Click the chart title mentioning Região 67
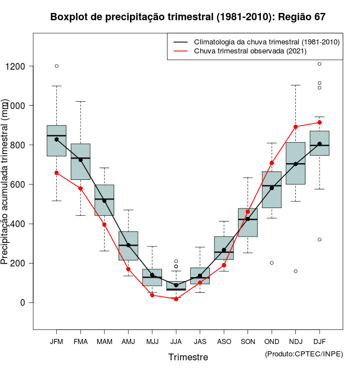click(x=188, y=17)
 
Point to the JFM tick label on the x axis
click(x=56, y=341)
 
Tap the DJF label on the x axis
click(x=319, y=341)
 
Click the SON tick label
click(x=247, y=341)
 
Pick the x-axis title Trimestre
click(x=188, y=357)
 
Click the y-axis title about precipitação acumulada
click(x=5, y=183)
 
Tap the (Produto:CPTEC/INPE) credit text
click(x=304, y=354)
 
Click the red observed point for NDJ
click(x=296, y=126)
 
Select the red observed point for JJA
click(x=176, y=299)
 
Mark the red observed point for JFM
click(x=56, y=173)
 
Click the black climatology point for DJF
click(x=319, y=144)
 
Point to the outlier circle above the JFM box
click(x=56, y=66)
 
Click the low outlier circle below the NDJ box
click(x=296, y=271)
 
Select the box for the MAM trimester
click(x=104, y=200)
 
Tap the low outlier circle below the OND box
click(x=272, y=263)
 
